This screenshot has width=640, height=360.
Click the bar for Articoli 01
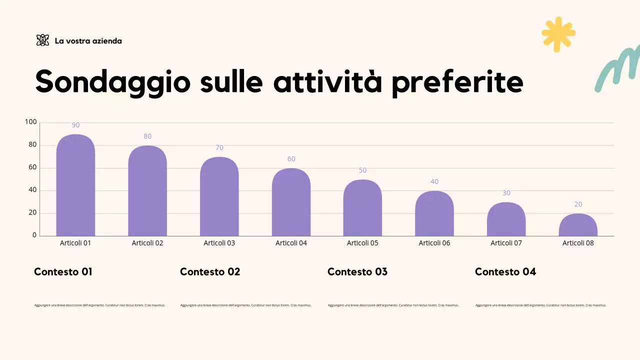75,185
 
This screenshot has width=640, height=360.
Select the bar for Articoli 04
291,202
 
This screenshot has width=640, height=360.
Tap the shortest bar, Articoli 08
578,225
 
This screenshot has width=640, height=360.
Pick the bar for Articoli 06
434,213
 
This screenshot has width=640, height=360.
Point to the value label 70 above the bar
219,147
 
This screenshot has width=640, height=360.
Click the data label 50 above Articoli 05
362,170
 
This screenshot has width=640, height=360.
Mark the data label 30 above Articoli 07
506,192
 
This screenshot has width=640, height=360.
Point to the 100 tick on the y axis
30,122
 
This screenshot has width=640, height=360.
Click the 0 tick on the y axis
34,235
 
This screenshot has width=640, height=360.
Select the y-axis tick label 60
32,167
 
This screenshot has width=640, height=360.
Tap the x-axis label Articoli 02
147,243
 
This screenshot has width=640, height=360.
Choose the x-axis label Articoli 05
362,243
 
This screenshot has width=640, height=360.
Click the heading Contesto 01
63,271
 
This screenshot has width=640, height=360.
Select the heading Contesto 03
357,271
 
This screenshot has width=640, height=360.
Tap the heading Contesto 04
505,271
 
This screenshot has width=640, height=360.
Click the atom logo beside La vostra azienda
43,40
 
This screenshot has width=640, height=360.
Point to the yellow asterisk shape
558,34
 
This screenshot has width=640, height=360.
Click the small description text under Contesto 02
245,305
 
